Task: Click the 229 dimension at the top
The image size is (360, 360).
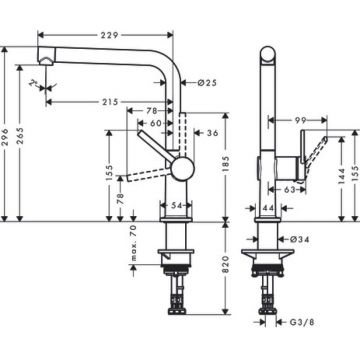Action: point(113,35)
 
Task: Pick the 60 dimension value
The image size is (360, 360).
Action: point(158,122)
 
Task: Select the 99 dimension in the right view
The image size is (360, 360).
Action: point(300,121)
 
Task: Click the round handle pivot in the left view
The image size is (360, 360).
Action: point(179,167)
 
